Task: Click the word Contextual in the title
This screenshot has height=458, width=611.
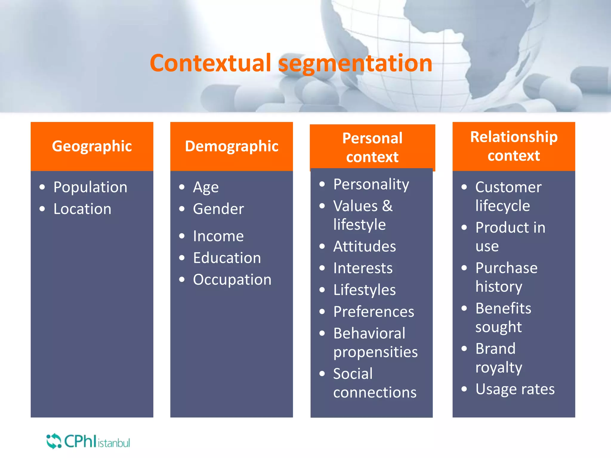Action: click(210, 63)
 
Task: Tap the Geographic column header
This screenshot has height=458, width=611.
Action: click(92, 146)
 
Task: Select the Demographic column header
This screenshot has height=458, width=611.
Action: click(232, 146)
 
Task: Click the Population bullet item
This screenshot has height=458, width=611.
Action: click(90, 187)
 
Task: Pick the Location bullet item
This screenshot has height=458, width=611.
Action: click(82, 209)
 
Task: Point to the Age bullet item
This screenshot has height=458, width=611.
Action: click(206, 188)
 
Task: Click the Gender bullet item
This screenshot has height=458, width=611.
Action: click(218, 209)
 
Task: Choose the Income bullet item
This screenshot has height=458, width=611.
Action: click(218, 236)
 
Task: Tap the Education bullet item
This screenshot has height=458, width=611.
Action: click(227, 258)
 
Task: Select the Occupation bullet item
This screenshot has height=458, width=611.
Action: click(232, 280)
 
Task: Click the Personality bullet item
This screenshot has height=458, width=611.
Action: click(371, 184)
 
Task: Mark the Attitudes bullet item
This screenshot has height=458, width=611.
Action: click(365, 247)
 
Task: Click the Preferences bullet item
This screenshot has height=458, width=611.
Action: click(374, 312)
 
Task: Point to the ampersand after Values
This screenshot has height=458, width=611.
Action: click(387, 206)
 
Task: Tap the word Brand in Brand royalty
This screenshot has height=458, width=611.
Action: click(495, 349)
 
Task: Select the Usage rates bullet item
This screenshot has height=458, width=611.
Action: click(515, 389)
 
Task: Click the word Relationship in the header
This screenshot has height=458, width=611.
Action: click(514, 137)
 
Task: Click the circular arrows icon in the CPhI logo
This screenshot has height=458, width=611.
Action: click(54, 441)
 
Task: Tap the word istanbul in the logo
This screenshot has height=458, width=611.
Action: click(114, 443)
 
